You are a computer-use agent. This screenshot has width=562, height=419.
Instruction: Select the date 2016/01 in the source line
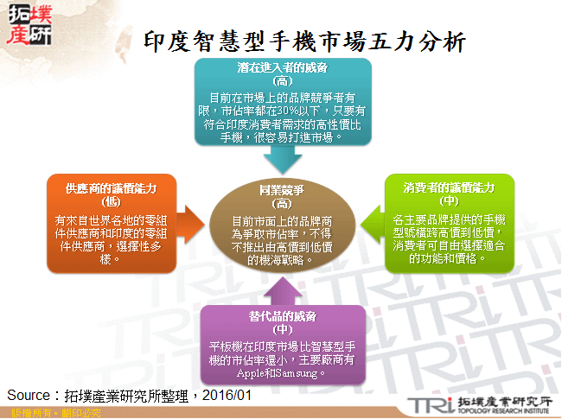229,396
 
